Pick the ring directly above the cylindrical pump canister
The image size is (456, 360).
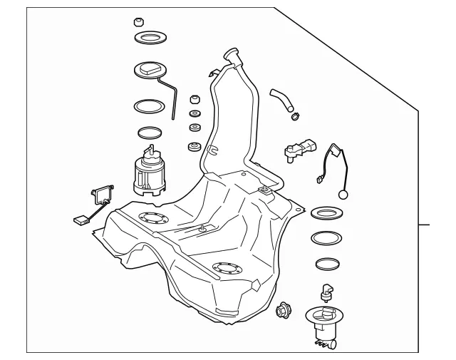tap(150, 133)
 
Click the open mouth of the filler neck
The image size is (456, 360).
tap(231, 52)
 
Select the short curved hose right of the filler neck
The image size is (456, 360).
tap(281, 99)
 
